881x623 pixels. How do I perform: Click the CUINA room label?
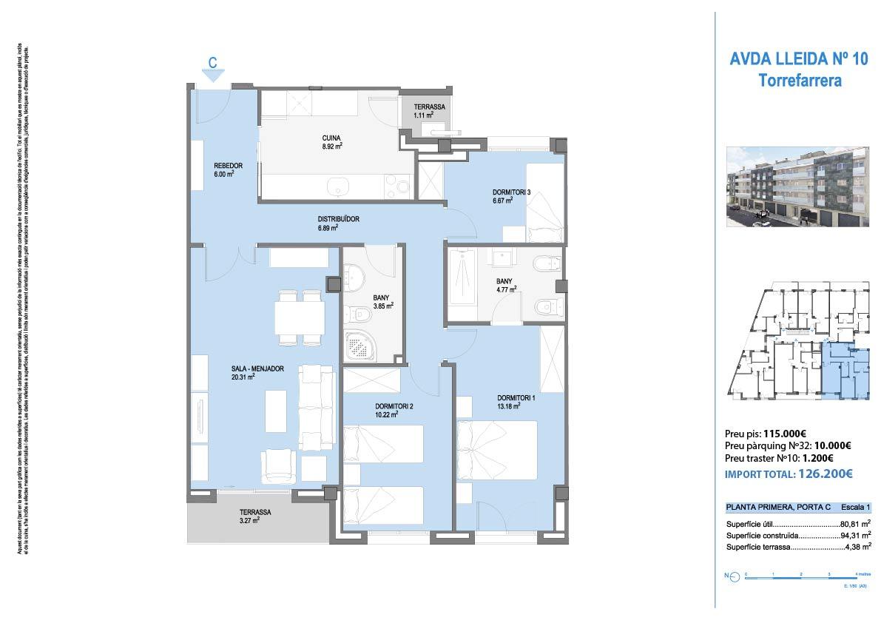pyautogui.click(x=331, y=138)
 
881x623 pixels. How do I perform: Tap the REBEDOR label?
pyautogui.click(x=223, y=166)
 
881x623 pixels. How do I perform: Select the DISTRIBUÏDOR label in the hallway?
pyautogui.click(x=338, y=219)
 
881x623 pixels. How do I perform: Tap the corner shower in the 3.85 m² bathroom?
pyautogui.click(x=362, y=345)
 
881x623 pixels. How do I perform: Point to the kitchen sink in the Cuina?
pyautogui.click(x=337, y=186)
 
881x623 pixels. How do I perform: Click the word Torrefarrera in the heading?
pyautogui.click(x=800, y=81)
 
